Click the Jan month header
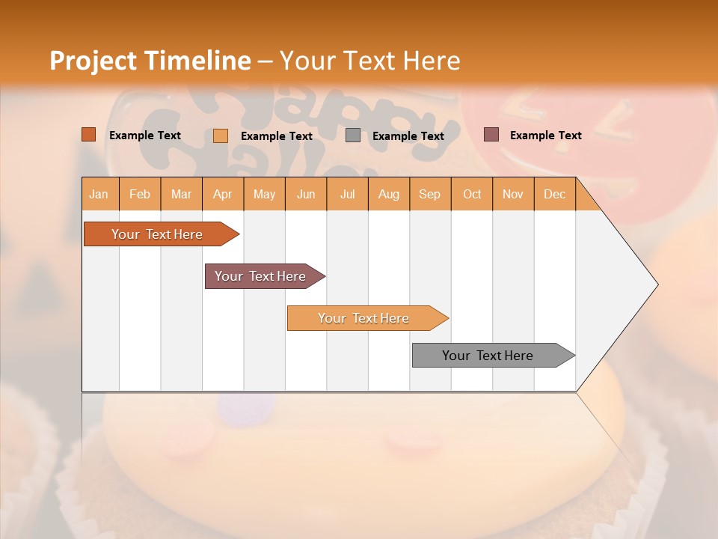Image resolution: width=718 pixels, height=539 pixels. [99, 194]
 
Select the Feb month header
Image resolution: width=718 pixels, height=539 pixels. [140, 194]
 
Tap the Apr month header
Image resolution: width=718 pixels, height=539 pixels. [222, 194]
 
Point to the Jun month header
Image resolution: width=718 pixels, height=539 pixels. [306, 194]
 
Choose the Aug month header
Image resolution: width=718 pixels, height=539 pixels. [388, 194]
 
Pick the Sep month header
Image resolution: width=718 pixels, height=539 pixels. [429, 194]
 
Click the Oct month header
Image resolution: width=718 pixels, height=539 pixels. [472, 194]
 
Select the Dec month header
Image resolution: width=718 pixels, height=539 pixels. [554, 194]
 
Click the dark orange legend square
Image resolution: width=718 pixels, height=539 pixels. [89, 135]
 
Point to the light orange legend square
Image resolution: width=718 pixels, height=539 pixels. [221, 135]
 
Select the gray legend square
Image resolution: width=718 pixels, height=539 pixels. [353, 135]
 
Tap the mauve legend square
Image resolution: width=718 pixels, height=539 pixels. [491, 135]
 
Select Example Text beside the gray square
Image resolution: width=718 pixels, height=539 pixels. [408, 136]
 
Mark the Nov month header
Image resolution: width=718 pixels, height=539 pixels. [512, 194]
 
